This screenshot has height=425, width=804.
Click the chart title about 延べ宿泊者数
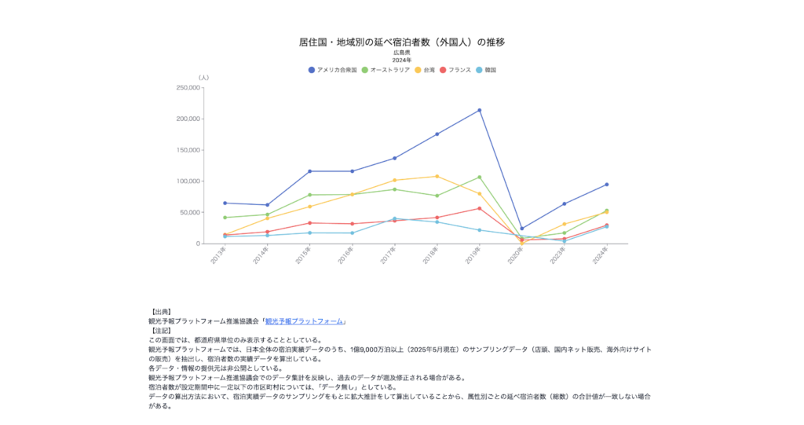tap(401, 41)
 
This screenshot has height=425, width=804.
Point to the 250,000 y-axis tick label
tap(188, 88)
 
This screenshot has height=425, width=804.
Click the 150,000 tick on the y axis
tap(188, 150)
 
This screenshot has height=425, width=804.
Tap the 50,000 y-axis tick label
tap(191, 212)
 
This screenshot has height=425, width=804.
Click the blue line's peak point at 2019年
tap(480, 110)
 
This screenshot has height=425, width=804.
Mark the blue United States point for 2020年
tap(522, 229)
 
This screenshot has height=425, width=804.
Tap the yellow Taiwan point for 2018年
tap(437, 176)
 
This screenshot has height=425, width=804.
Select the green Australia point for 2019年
tap(480, 177)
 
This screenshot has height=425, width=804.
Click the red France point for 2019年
tap(480, 208)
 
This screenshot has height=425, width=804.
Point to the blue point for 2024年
tap(607, 185)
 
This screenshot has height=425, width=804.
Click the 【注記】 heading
tap(164, 331)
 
